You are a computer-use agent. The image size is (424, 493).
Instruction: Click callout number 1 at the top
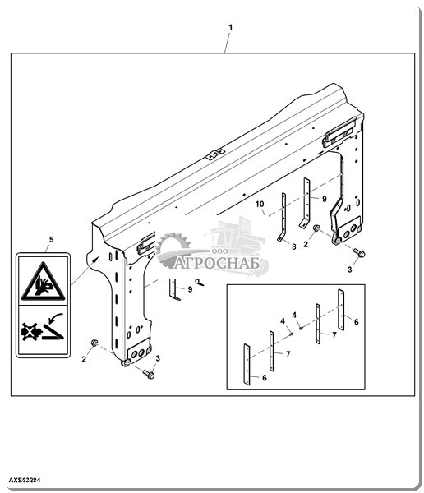coord(230,28)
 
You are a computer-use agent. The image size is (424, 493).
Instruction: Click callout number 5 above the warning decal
coord(51,240)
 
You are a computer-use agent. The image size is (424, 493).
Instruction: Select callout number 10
coord(260,204)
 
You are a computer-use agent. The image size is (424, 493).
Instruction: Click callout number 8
coord(294,246)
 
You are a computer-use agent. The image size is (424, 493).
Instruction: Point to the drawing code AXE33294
coord(25,480)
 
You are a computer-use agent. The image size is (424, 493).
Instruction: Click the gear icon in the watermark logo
coord(173,249)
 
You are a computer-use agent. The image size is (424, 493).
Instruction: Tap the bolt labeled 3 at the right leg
coord(359,252)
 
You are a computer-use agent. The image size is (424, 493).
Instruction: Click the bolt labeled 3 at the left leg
coord(149,374)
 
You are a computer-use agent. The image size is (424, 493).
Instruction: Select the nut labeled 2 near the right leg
coord(316,228)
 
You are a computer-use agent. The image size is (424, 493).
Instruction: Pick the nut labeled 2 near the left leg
coord(94,343)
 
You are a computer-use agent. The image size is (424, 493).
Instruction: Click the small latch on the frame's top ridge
coord(215,154)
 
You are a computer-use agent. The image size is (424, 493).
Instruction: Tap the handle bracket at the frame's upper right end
coord(339,132)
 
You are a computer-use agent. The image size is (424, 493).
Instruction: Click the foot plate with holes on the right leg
coord(348,231)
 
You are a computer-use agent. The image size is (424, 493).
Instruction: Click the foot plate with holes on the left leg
coord(138,352)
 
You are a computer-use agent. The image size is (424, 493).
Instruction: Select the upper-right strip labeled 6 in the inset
coord(341,310)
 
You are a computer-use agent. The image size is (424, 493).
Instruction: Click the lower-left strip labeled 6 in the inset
coord(247,364)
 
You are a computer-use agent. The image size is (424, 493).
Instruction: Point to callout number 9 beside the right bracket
coord(325,199)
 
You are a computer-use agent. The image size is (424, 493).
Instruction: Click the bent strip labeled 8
coord(283,217)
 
